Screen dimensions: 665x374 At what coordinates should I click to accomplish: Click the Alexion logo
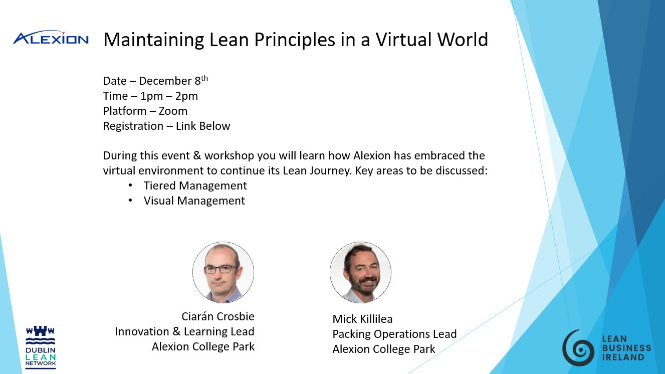click(x=51, y=38)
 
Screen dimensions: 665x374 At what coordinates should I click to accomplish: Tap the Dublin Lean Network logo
click(x=41, y=347)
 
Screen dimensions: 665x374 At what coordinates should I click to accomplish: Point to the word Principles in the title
click(x=295, y=40)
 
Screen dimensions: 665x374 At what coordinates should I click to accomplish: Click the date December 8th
click(x=173, y=81)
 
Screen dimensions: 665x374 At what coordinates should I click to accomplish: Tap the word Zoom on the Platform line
click(x=173, y=111)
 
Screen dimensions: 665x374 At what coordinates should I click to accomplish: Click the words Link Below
click(x=203, y=126)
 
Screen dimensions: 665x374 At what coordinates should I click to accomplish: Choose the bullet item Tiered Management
click(x=195, y=185)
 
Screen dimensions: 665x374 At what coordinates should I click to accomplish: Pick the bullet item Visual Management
click(x=194, y=201)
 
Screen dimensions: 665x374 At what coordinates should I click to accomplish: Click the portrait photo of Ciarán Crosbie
click(x=223, y=272)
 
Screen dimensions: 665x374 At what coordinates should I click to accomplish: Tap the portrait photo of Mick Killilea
click(x=360, y=272)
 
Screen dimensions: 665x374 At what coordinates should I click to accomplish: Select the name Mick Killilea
click(x=362, y=319)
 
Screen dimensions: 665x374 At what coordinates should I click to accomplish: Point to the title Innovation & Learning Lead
click(x=184, y=331)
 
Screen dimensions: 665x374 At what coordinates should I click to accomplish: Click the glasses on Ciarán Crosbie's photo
click(x=221, y=269)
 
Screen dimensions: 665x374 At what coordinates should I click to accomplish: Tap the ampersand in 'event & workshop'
click(x=197, y=155)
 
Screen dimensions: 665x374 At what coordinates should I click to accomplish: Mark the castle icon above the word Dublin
click(x=41, y=330)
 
